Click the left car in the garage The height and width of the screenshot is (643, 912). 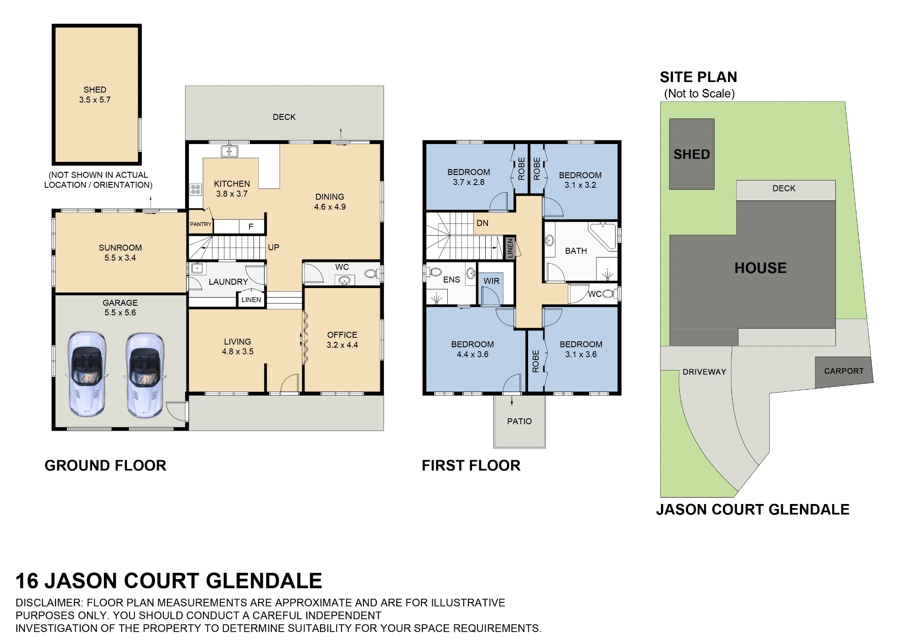click(x=87, y=374)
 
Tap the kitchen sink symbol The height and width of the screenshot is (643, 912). click(x=229, y=151)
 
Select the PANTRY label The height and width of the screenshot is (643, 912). click(x=201, y=224)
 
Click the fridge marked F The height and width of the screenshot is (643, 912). click(x=251, y=226)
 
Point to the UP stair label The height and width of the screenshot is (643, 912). click(x=274, y=247)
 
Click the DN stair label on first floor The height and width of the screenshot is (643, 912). click(x=482, y=223)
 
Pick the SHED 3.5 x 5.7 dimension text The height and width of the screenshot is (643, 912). click(x=95, y=100)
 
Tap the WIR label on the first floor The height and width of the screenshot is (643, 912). click(x=492, y=281)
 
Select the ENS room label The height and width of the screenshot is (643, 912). click(x=451, y=280)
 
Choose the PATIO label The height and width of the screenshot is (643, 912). click(x=519, y=422)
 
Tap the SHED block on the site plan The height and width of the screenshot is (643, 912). click(x=692, y=154)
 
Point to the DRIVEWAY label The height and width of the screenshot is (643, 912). click(x=705, y=372)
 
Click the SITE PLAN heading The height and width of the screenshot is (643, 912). click(x=699, y=77)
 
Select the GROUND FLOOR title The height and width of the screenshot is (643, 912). click(x=105, y=465)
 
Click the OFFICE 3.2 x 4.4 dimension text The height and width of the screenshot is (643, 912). click(x=342, y=345)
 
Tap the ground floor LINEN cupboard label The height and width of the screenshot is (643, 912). click(x=251, y=300)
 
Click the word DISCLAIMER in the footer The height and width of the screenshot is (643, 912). click(x=49, y=603)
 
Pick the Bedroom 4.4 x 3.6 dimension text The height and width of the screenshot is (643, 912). click(x=472, y=355)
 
